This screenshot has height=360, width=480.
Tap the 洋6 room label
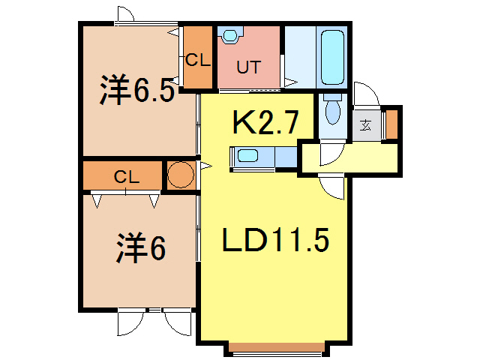click(x=140, y=249)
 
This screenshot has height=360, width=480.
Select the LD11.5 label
click(x=274, y=241)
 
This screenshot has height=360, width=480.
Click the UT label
click(x=248, y=67)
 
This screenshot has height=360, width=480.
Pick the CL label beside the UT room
click(x=198, y=58)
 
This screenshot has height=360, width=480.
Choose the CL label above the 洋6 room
click(x=125, y=177)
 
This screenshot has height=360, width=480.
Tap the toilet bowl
click(x=332, y=114)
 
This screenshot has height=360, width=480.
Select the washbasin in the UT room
click(x=230, y=35)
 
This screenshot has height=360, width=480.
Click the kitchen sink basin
click(x=247, y=157)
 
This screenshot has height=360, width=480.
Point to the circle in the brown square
click(x=180, y=175)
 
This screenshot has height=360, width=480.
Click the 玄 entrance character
click(x=365, y=124)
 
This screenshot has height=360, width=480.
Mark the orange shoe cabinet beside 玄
click(x=391, y=124)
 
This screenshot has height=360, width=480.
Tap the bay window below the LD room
click(x=277, y=347)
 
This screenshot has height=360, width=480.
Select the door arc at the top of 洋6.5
click(x=124, y=13)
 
